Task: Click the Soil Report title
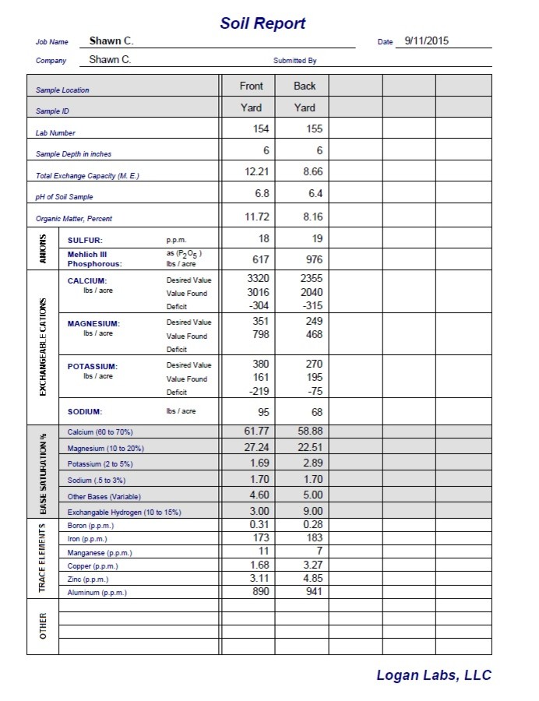pos(262,23)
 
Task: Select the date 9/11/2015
pos(423,41)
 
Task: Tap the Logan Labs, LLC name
pos(434,675)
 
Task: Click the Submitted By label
pos(294,61)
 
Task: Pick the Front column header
pos(251,86)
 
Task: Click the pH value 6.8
pos(261,193)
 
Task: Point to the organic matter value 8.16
pos(312,215)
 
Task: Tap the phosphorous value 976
pos(311,260)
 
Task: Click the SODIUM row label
pos(85,412)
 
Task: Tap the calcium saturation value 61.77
pos(256,431)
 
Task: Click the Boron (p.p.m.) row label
pos(87,526)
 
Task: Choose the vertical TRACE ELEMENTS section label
pos(43,557)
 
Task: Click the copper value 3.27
pos(312,565)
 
